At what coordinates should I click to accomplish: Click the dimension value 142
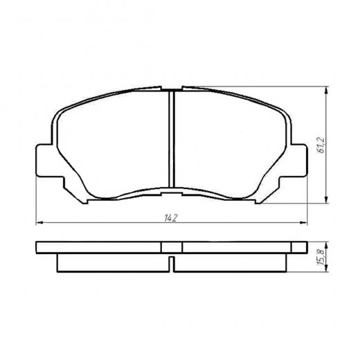point(172,218)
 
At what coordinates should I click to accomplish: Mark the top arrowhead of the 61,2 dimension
point(326,90)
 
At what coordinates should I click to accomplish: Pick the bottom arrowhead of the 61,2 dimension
point(326,201)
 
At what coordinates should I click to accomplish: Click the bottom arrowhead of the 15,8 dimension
point(326,271)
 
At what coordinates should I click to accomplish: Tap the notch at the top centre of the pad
point(172,89)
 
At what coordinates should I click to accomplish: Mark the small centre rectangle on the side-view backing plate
point(172,247)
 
